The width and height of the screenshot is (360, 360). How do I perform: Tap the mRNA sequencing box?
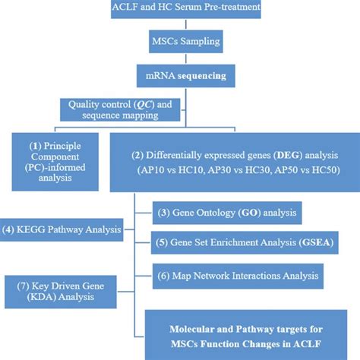[180, 76]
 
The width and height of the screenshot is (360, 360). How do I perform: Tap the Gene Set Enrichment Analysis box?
[245, 242]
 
